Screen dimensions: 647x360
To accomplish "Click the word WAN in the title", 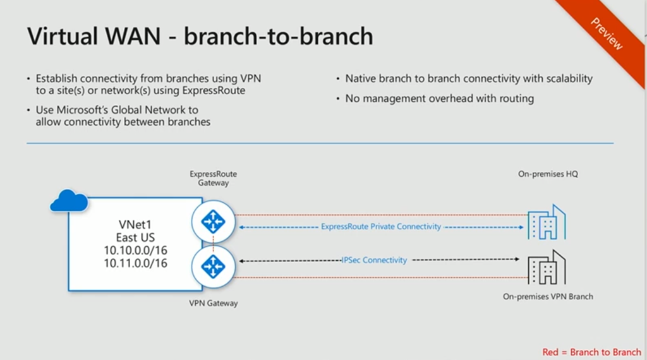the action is pos(133,36).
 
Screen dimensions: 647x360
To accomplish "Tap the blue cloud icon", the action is pos(69,201).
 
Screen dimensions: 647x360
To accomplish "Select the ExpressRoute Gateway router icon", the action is pos(213,222).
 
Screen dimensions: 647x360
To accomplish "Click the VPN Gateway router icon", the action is pos(213,267).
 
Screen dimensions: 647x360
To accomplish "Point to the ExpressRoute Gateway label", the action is pos(214,179).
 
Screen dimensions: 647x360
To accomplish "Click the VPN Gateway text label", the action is pos(214,303).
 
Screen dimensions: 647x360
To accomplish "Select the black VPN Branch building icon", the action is pos(547,267).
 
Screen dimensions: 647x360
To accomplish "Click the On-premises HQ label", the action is pos(548,174).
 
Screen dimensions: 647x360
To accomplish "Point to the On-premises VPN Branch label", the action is pos(548,296).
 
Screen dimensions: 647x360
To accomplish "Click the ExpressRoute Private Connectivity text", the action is pos(381,227).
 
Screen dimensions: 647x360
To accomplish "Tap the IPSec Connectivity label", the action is pos(374,260).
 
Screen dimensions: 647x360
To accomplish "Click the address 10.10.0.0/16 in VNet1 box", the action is pos(135,250).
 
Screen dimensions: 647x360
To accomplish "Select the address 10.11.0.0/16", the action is pos(135,263).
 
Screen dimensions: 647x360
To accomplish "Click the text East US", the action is pos(135,237).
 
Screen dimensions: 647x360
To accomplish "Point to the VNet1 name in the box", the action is pos(135,225).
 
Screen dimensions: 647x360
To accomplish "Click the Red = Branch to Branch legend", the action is pos(591,352).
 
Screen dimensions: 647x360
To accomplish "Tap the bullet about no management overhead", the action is pos(440,99).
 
